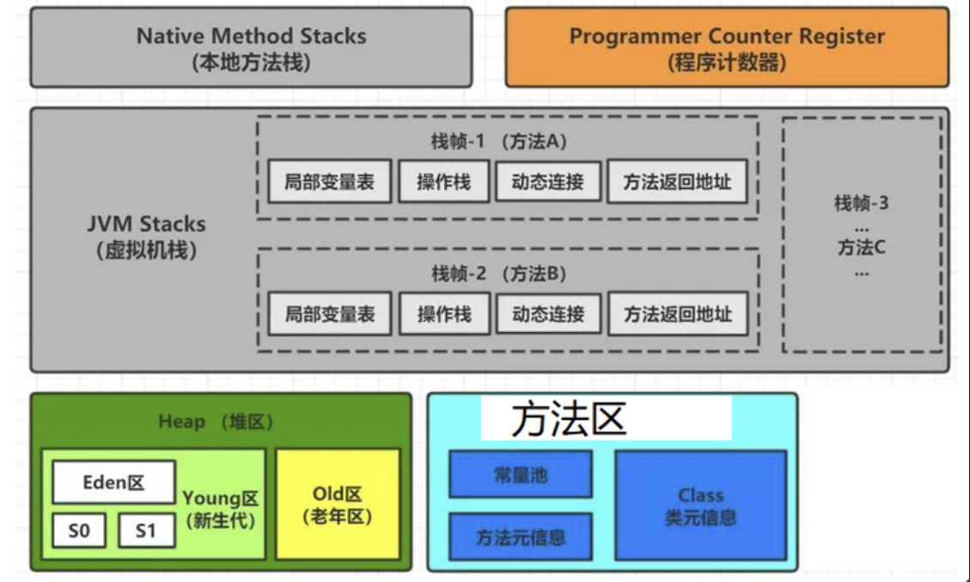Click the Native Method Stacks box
click(x=250, y=48)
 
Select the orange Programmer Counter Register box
click(x=726, y=48)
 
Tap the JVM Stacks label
click(x=146, y=236)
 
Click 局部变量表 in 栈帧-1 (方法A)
click(x=329, y=181)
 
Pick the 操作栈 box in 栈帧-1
click(x=443, y=181)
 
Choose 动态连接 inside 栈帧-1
click(x=547, y=181)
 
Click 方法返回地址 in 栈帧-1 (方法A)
click(x=677, y=181)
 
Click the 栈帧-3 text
click(x=861, y=204)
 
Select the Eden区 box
click(x=113, y=482)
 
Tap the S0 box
click(x=78, y=530)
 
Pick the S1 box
click(x=146, y=530)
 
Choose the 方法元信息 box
click(x=521, y=537)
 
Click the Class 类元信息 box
click(x=700, y=506)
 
